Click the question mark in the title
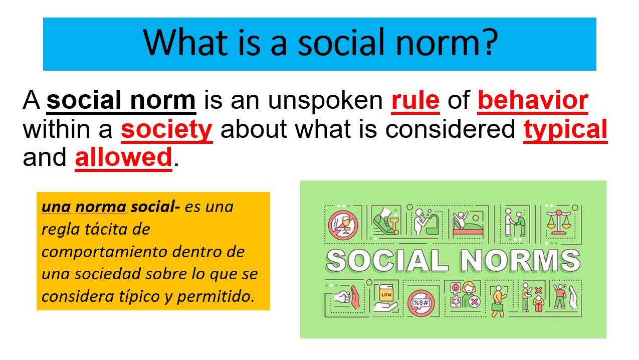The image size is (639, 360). pyautogui.click(x=490, y=42)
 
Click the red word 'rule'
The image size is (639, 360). pyautogui.click(x=415, y=100)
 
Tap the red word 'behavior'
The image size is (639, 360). pyautogui.click(x=533, y=100)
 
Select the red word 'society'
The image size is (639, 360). pyautogui.click(x=166, y=130)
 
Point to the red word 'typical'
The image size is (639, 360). pyautogui.click(x=565, y=130)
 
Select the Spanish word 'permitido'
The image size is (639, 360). pyautogui.click(x=216, y=297)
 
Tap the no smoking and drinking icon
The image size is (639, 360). pyautogui.click(x=343, y=225)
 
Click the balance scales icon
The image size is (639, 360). pyautogui.click(x=559, y=223)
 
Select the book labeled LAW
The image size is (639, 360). pyautogui.click(x=386, y=293)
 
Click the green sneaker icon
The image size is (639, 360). pyautogui.click(x=385, y=221)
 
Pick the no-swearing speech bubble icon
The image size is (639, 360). pyautogui.click(x=421, y=304)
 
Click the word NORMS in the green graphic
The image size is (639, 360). pyautogui.click(x=520, y=261)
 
